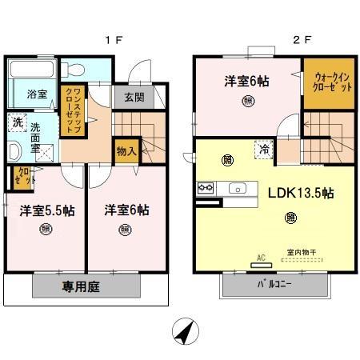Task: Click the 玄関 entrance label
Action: point(134,98)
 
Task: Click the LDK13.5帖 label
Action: point(300,193)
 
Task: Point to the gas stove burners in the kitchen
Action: point(204,189)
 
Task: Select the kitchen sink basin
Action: point(238,189)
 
